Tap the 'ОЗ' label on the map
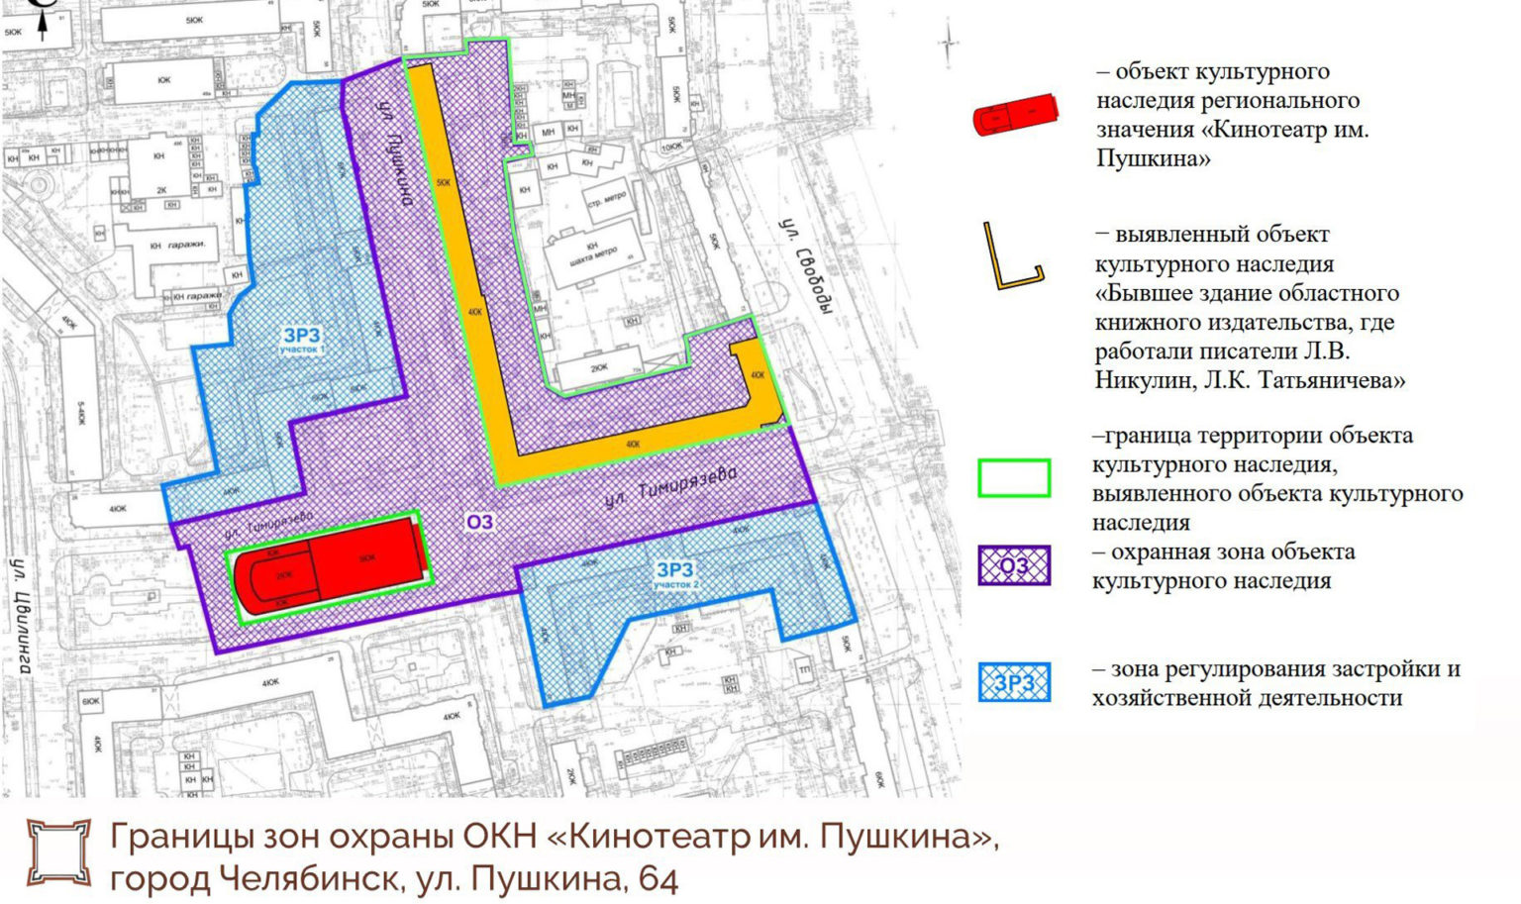(x=479, y=522)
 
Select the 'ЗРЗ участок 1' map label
(x=301, y=340)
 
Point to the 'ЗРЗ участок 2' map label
(x=675, y=573)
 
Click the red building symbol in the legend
(x=1014, y=115)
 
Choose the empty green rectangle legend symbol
(x=1014, y=477)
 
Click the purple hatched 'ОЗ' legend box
(x=1014, y=565)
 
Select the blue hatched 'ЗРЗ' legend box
(x=1014, y=683)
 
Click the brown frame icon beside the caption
(x=57, y=852)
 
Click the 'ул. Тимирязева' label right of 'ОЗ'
(x=671, y=488)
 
